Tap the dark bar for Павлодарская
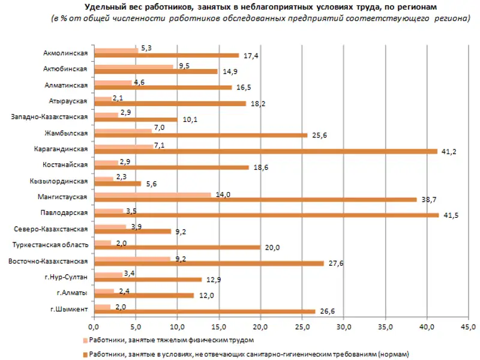pyautogui.click(x=266, y=215)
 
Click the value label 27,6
pyautogui.click(x=332, y=263)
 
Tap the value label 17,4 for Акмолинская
pyautogui.click(x=247, y=56)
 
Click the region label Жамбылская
pyautogui.click(x=68, y=133)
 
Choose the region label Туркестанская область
pyautogui.click(x=51, y=245)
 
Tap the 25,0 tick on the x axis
pyautogui.click(x=302, y=327)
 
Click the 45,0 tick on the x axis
pyautogui.click(x=469, y=327)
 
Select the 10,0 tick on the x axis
pyautogui.click(x=176, y=327)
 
